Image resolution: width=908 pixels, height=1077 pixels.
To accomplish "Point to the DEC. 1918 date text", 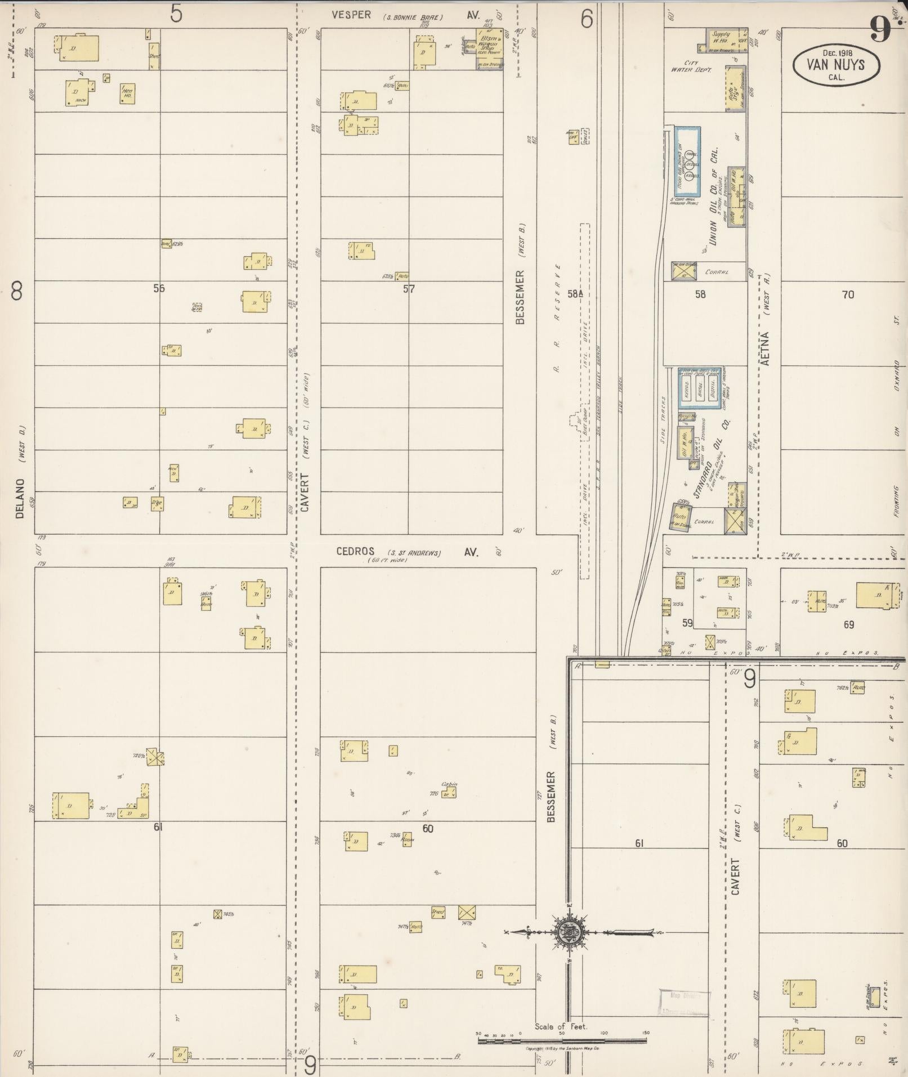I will (x=836, y=52).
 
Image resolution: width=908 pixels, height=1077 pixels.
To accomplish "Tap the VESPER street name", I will (x=351, y=15).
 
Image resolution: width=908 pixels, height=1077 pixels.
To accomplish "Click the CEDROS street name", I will (x=355, y=552).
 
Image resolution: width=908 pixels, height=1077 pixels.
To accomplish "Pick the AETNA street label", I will (x=765, y=349).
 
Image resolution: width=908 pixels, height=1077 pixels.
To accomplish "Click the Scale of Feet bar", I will (x=562, y=1041).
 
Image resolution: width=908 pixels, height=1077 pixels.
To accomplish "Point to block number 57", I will (x=409, y=289).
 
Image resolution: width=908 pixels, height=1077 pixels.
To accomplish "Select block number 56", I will (x=159, y=288).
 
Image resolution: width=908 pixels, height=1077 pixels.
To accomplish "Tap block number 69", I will (x=849, y=624).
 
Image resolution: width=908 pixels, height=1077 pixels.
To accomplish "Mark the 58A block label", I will (x=574, y=293).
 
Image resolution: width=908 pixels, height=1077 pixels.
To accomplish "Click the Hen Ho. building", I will (x=128, y=93).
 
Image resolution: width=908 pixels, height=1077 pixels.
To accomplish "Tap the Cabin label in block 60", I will (x=449, y=784).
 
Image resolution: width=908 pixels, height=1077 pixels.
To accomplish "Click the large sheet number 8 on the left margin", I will (x=17, y=291).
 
